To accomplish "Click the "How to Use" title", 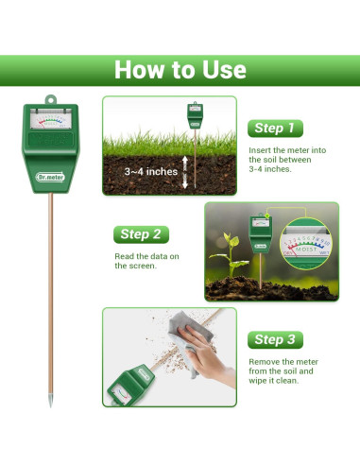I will tap(180, 70).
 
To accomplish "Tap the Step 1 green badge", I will tap(275, 128).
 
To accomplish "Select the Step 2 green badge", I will tap(142, 233).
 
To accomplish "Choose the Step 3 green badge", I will tap(275, 339).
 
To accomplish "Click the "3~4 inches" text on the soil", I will tap(152, 172).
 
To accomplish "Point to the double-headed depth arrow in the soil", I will tap(185, 173).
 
